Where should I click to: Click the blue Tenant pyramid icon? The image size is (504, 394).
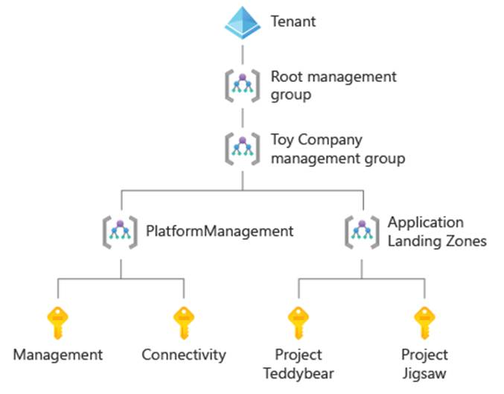243,22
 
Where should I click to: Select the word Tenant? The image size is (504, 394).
293,22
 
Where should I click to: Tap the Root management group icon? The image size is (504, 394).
243,85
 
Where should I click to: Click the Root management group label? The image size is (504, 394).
334,86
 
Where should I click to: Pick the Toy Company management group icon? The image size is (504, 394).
243,148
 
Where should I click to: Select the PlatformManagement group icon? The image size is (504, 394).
121,231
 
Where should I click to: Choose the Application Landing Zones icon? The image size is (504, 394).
363,231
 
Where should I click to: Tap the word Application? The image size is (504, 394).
425,222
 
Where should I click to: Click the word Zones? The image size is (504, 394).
468,241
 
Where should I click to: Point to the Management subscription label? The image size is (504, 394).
57,355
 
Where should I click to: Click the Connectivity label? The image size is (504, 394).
183,355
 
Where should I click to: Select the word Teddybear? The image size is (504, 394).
298,373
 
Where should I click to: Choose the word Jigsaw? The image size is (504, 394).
424,373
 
